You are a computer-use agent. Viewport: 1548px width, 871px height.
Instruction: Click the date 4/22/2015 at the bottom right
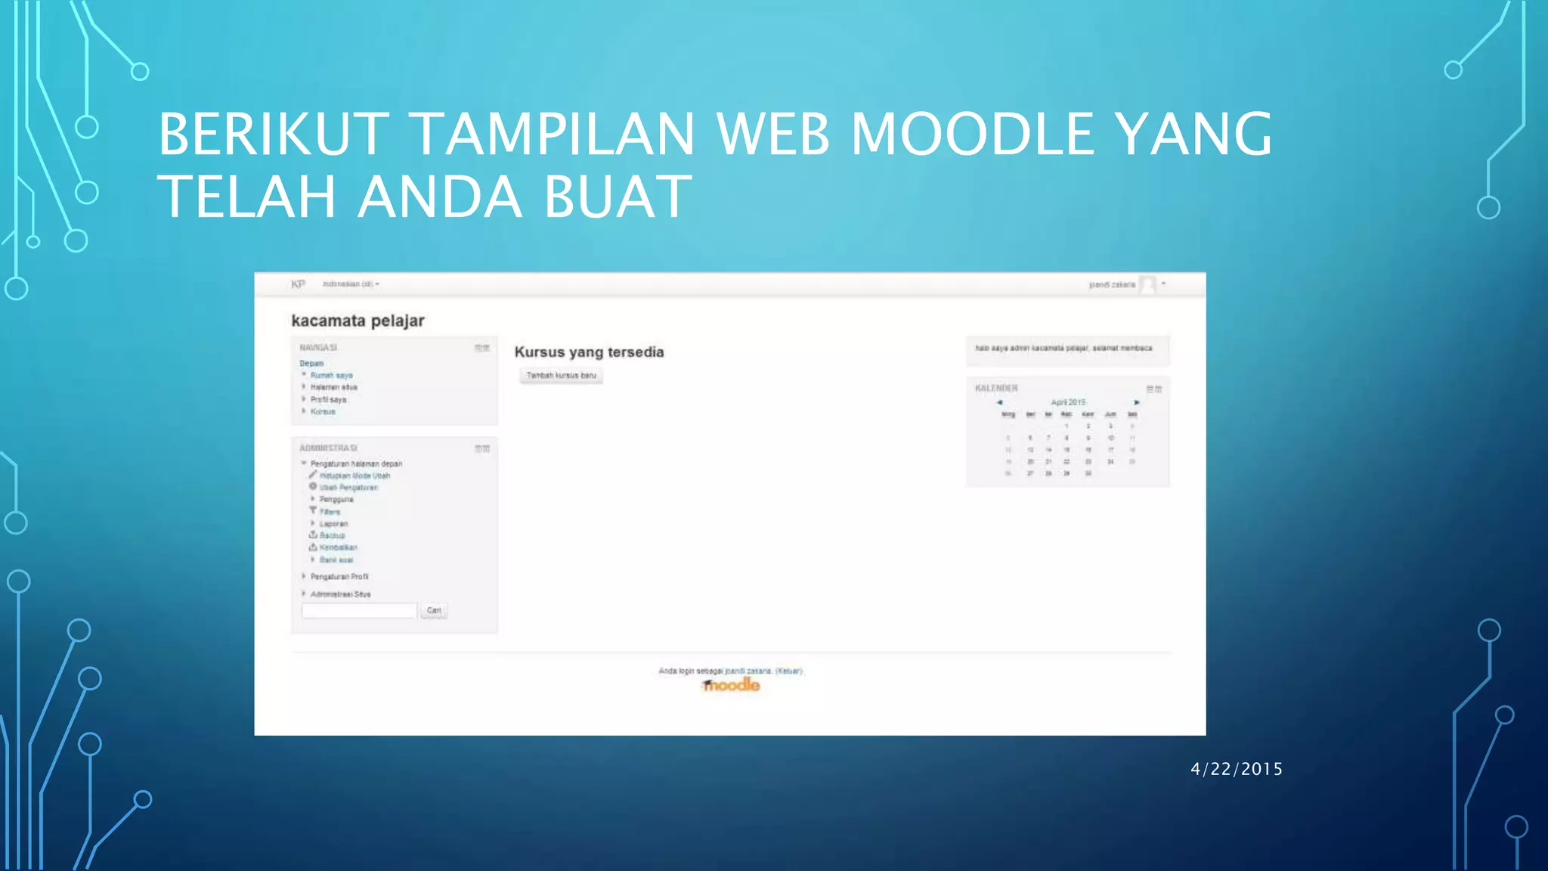coord(1237,769)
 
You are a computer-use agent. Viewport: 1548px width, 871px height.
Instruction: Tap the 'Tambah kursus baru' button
coord(561,376)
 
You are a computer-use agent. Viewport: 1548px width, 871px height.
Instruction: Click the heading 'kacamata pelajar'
coord(358,321)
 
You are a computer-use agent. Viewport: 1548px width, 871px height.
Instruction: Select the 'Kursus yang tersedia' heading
coord(589,352)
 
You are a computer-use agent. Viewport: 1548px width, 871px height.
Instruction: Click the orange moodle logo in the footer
coord(731,685)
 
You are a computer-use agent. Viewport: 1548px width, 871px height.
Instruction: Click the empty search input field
coord(359,611)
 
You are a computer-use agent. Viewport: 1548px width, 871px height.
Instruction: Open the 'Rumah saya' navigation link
coord(331,376)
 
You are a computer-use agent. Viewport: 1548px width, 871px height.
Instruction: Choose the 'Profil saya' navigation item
coord(328,400)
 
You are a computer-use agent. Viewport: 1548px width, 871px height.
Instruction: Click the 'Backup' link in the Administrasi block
coord(332,535)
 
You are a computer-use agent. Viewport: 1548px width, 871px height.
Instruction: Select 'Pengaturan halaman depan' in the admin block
coord(356,464)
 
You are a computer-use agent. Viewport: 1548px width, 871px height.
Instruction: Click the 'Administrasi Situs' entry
coord(340,594)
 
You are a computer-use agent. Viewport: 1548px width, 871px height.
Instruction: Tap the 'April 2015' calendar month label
coord(1067,402)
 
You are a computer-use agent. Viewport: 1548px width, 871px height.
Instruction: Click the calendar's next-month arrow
coord(1136,402)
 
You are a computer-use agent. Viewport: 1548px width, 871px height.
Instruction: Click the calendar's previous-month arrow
coord(999,402)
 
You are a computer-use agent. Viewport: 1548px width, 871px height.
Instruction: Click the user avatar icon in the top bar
coord(1147,284)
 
